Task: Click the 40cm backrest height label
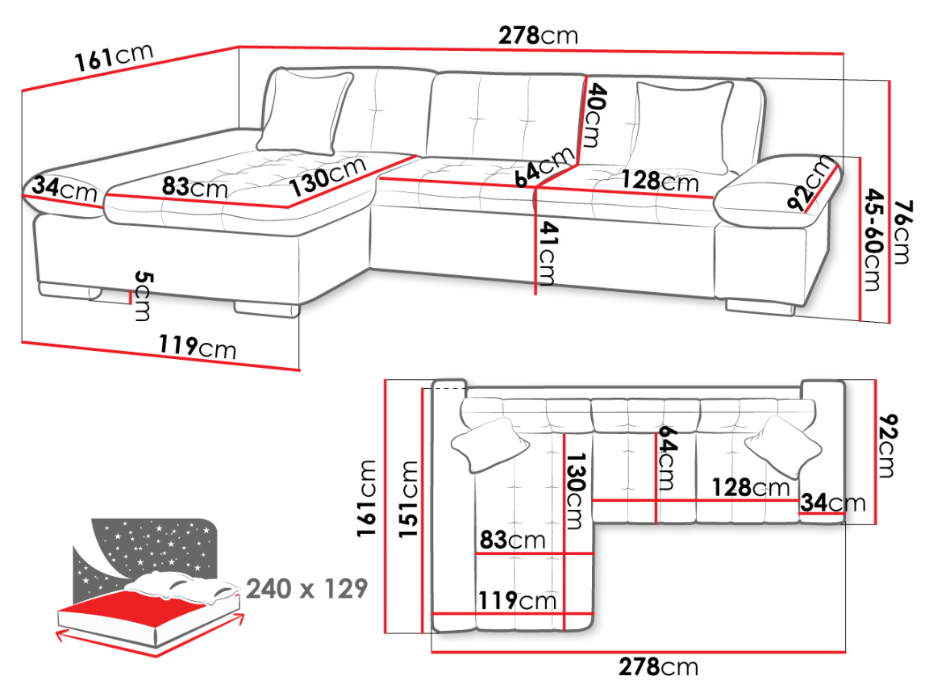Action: click(595, 115)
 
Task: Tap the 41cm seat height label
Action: click(548, 253)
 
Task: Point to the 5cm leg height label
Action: click(142, 295)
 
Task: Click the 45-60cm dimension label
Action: click(873, 240)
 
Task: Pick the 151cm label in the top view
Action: click(407, 499)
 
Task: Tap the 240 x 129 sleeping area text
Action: click(307, 589)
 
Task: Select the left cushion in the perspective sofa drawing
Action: click(305, 113)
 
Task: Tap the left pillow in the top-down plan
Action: click(490, 444)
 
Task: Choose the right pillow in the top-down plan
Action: click(783, 446)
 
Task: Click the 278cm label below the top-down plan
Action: click(658, 667)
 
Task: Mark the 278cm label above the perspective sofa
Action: click(538, 35)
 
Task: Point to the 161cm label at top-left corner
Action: click(114, 57)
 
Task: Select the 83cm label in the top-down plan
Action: click(513, 540)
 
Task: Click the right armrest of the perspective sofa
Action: click(778, 189)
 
